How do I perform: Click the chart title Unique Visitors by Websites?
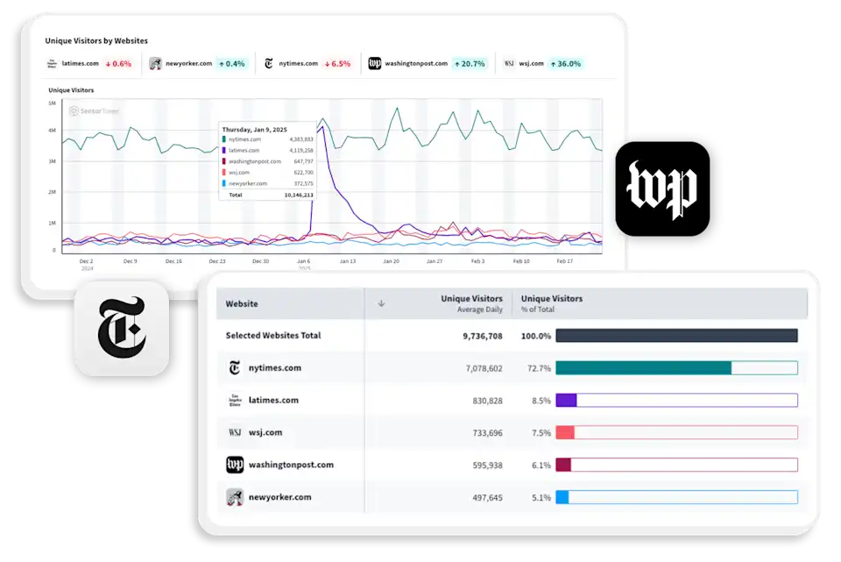(96, 40)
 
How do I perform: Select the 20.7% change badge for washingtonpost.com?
(469, 63)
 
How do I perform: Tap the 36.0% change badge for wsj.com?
(566, 63)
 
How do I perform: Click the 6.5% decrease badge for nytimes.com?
(337, 63)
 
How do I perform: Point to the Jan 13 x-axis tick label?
(347, 261)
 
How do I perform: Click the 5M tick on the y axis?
(53, 103)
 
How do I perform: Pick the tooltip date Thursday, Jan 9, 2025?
(255, 130)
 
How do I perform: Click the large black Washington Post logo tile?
(663, 190)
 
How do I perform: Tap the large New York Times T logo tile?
(121, 328)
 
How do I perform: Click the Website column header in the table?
(242, 303)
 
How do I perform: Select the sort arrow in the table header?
(381, 303)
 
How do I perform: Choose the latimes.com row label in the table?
(273, 401)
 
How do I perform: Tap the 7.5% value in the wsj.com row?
(541, 433)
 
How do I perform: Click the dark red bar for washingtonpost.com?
(563, 465)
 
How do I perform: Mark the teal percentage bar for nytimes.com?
(643, 368)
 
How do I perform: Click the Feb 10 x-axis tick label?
(520, 261)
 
